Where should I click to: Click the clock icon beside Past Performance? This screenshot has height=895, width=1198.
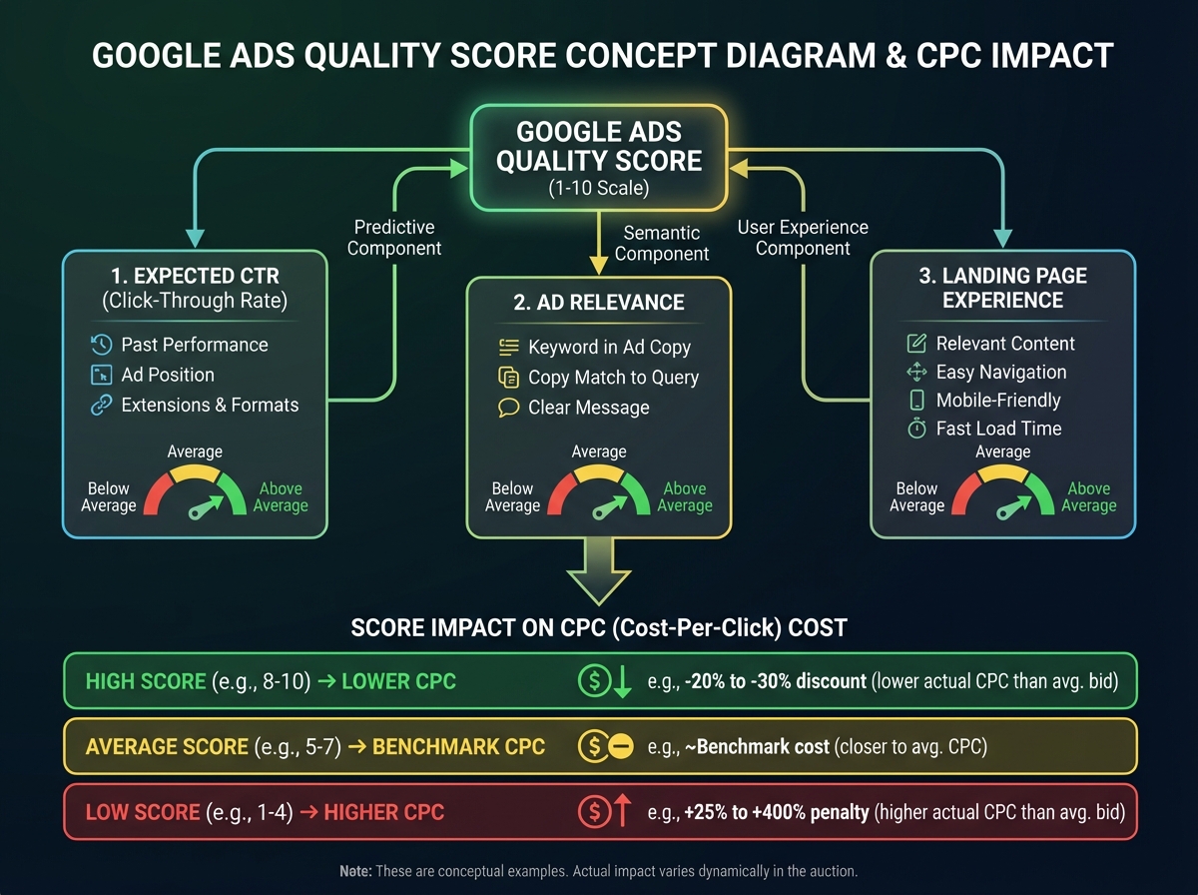[x=100, y=345]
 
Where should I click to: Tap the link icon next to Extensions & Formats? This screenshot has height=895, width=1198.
[x=100, y=405]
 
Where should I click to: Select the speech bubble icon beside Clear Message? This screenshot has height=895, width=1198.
[x=508, y=408]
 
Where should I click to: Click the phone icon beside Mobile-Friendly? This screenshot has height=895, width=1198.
[x=916, y=401]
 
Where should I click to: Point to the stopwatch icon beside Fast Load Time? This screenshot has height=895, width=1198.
[x=916, y=429]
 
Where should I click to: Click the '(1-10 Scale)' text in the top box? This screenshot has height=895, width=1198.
[x=599, y=188]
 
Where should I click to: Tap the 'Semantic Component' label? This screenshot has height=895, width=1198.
[x=661, y=243]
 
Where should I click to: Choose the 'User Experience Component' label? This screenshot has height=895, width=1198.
[x=803, y=238]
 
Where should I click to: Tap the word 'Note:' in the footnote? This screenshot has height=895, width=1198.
[x=355, y=871]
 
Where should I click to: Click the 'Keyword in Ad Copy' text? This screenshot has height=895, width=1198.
[x=609, y=348]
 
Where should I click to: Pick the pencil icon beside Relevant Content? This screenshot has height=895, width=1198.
[x=916, y=344]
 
